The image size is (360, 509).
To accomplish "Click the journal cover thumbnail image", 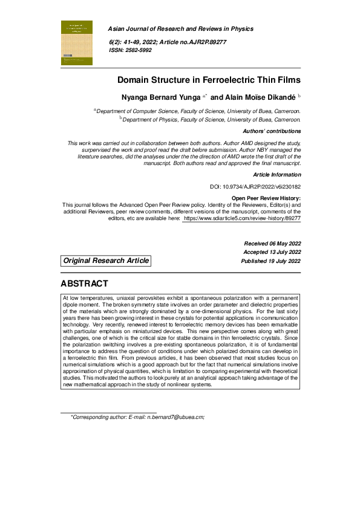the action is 77,42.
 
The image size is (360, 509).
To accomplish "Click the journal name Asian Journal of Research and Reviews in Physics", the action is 180,29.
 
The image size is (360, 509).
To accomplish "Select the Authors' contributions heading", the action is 271,131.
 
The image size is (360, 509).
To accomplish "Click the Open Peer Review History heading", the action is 266,198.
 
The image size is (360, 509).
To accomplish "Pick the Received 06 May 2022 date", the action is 272,243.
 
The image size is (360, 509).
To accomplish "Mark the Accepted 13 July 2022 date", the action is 272,252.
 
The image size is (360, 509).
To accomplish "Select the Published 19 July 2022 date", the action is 270,261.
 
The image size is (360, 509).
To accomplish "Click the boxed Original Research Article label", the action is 106,261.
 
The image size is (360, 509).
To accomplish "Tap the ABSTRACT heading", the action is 85,284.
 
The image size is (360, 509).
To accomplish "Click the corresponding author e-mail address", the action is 172,417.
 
